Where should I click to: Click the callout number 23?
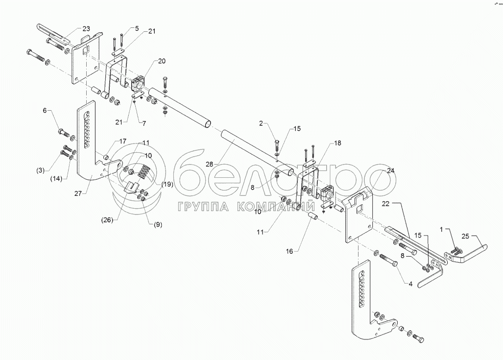click(x=86, y=28)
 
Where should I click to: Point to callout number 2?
click(x=262, y=123)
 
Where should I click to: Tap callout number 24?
click(x=390, y=170)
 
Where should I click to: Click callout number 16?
click(x=289, y=252)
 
